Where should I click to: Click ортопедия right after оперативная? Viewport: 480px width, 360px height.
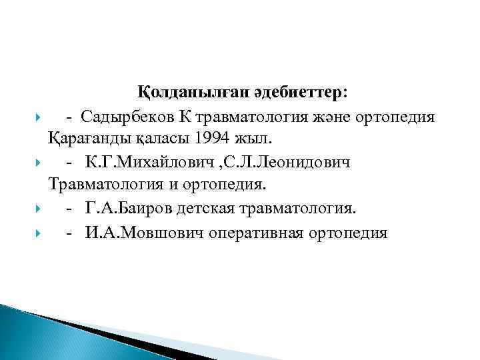coord(349,233)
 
